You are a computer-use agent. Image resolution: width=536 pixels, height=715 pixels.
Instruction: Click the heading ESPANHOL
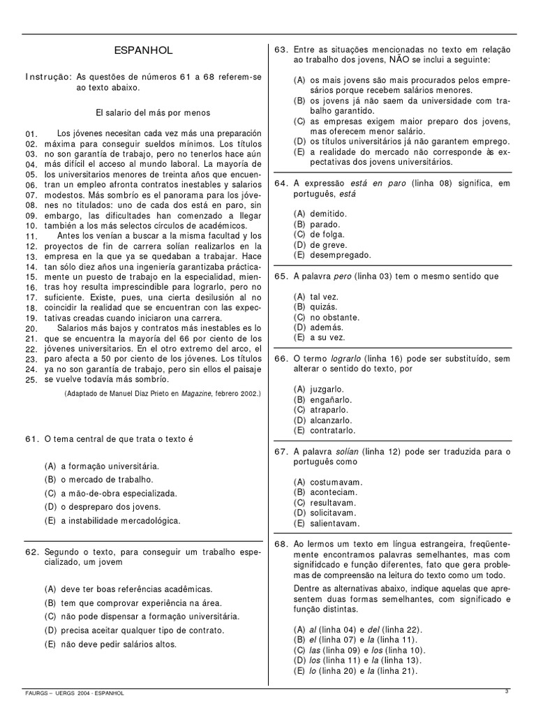(x=142, y=51)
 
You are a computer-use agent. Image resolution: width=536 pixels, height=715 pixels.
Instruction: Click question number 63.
(x=281, y=50)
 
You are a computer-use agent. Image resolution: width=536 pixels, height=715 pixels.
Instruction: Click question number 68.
(x=281, y=543)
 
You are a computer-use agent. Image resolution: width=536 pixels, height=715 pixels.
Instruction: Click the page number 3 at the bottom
(x=507, y=691)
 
